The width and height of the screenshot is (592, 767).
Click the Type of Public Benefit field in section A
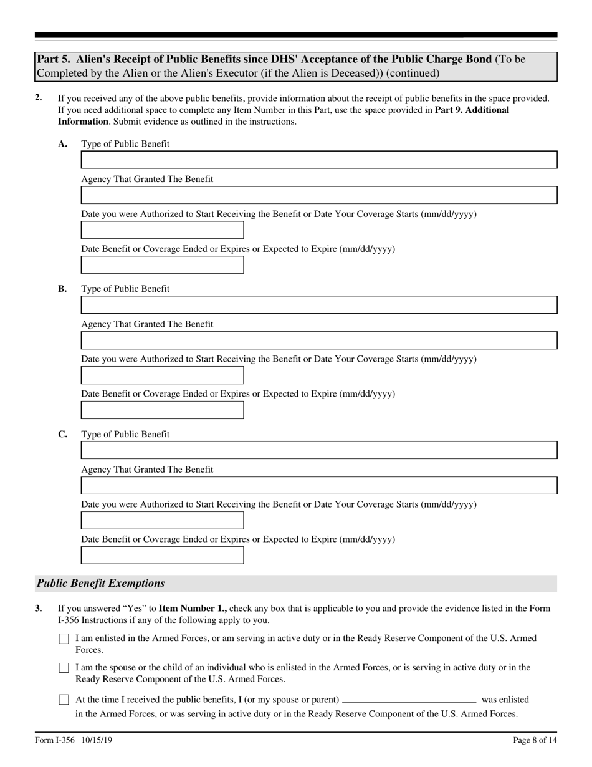pos(319,160)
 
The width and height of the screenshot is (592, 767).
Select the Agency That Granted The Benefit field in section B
pos(319,340)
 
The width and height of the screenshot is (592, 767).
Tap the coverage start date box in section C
pos(162,520)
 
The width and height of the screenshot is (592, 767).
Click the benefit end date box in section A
pos(162,265)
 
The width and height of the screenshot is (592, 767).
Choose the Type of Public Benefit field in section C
pos(319,450)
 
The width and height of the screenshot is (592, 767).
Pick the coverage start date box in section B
pos(162,375)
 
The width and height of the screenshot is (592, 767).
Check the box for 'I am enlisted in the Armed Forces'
pos(64,639)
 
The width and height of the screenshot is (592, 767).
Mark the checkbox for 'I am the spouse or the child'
pos(64,668)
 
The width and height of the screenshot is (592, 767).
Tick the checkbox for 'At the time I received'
pos(64,700)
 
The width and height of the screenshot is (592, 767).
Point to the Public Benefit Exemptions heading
pos(101,584)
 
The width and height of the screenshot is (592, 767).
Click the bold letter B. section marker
pos(62,289)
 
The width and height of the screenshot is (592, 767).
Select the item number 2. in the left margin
pos(39,98)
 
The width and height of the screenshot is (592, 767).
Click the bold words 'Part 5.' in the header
pos(54,60)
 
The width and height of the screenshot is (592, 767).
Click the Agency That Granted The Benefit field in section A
pos(319,195)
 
